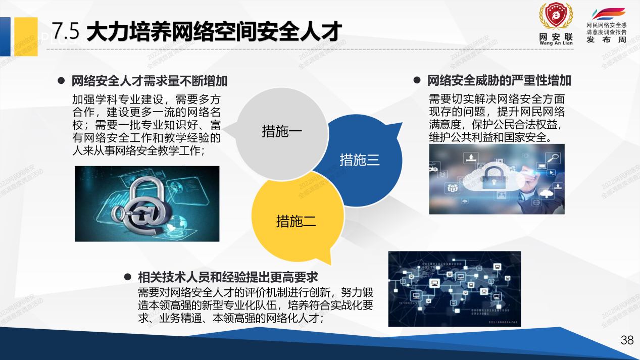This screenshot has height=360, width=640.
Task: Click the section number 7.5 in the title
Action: pyautogui.click(x=66, y=31)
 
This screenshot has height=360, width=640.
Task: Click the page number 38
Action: pyautogui.click(x=627, y=340)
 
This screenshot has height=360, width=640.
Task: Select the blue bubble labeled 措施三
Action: pyautogui.click(x=360, y=161)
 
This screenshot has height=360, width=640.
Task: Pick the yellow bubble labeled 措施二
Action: pyautogui.click(x=296, y=221)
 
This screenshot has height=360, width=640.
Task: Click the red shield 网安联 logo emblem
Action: pyautogui.click(x=556, y=18)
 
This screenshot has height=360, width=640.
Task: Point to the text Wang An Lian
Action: pyautogui.click(x=556, y=43)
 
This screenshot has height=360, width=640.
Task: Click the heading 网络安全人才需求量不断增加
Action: pyautogui.click(x=150, y=81)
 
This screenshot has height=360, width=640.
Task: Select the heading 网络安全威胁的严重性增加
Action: pyautogui.click(x=499, y=81)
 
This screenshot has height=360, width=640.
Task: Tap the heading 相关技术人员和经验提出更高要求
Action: pyautogui.click(x=228, y=277)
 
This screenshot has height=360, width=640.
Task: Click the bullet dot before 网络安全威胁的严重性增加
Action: pyautogui.click(x=417, y=80)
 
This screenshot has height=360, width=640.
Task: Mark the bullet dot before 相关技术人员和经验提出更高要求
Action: pyautogui.click(x=128, y=277)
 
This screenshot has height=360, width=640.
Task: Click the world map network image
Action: pyautogui.click(x=454, y=288)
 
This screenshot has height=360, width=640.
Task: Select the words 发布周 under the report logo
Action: pyautogui.click(x=606, y=40)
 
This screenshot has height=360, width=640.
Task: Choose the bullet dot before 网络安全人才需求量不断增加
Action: pyautogui.click(x=61, y=80)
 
